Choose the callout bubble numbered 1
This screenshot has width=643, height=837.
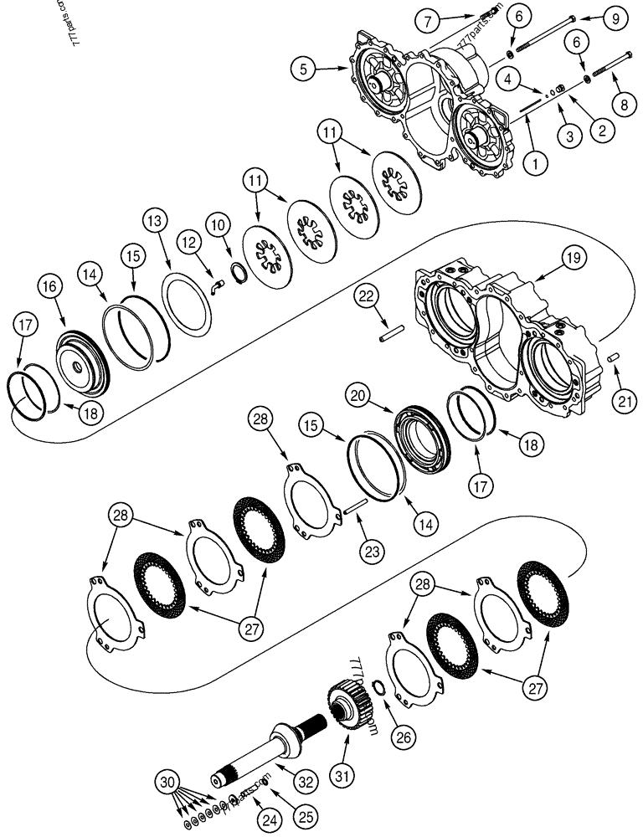coord(532,164)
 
